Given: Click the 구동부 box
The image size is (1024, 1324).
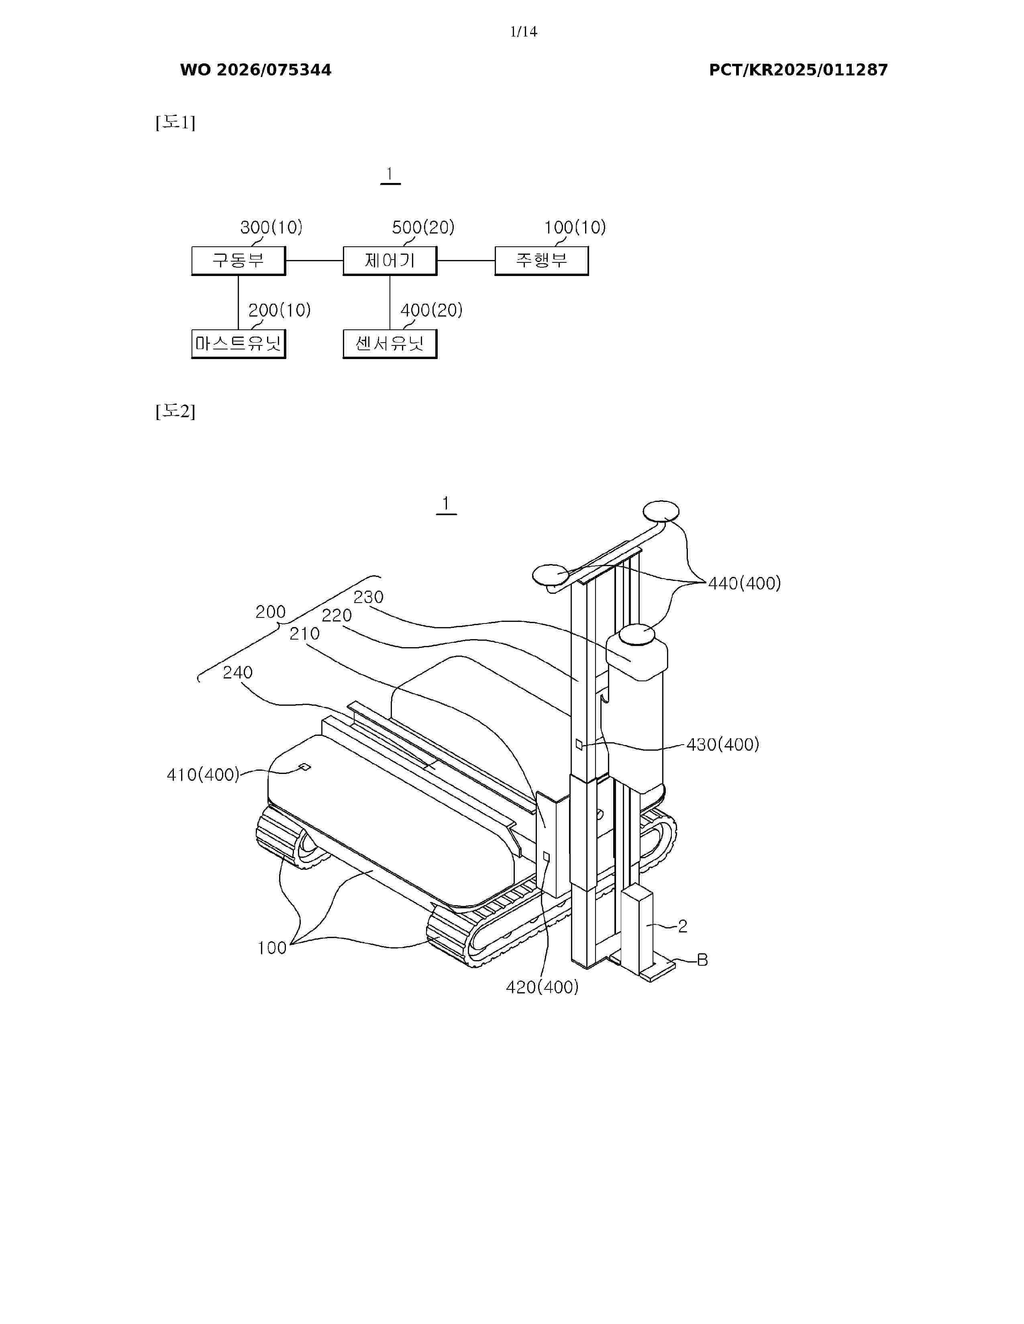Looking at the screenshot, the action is click(x=239, y=261).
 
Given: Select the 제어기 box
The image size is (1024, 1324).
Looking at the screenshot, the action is click(x=390, y=261).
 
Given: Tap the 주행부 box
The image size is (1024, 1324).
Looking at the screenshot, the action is click(x=542, y=261).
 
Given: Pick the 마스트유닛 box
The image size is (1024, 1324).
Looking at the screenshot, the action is click(x=239, y=344).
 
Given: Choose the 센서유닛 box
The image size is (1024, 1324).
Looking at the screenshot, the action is click(x=390, y=344).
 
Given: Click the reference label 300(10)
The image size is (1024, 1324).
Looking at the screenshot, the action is click(x=271, y=227).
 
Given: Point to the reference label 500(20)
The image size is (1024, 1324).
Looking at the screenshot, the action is click(x=423, y=227).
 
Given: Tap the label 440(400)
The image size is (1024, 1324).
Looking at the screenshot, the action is click(x=745, y=583).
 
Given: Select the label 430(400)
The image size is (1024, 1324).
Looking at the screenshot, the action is click(x=722, y=744).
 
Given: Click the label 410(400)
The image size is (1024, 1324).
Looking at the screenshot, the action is click(x=203, y=775).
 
